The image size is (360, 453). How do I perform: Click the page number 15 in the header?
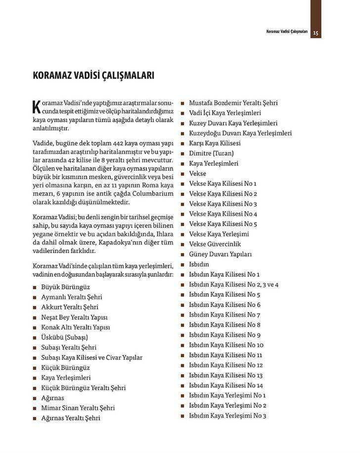pyautogui.click(x=316, y=33)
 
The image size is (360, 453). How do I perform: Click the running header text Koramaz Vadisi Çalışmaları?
pyautogui.click(x=284, y=33)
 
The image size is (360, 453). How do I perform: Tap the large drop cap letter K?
pyautogui.click(x=36, y=107)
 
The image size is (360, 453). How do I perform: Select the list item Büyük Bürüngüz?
pyautogui.click(x=66, y=287)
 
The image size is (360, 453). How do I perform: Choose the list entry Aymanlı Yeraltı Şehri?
pyautogui.click(x=72, y=297)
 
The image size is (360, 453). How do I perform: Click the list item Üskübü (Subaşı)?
pyautogui.click(x=65, y=337)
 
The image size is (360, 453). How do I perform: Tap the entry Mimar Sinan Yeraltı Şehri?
pyautogui.click(x=78, y=408)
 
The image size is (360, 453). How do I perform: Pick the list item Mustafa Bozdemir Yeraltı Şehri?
pyautogui.click(x=233, y=103)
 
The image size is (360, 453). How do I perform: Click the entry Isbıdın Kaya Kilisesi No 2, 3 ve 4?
pyautogui.click(x=234, y=284)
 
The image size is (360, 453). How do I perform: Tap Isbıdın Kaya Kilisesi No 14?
pyautogui.click(x=225, y=385)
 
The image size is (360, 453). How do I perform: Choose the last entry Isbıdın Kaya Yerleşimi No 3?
pyautogui.click(x=227, y=415)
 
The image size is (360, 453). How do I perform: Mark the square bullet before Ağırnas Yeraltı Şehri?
pyautogui.click(x=35, y=418)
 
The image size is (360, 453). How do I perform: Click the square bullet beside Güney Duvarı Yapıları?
pyautogui.click(x=183, y=255)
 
